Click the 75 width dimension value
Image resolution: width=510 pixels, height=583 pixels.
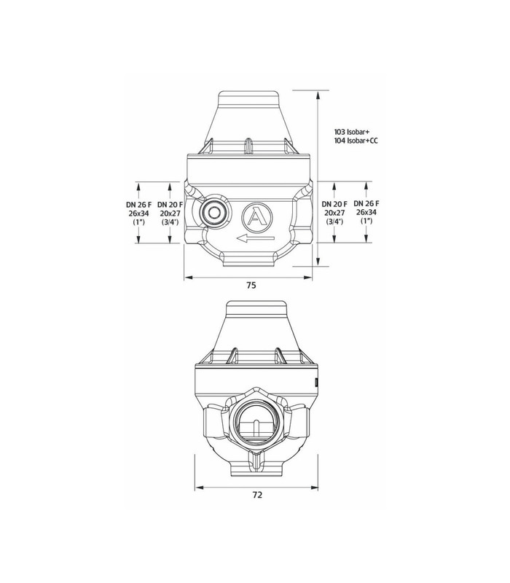(x=251, y=285)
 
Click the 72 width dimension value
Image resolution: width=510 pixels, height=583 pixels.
(x=257, y=495)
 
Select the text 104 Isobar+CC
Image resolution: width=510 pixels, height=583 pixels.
(x=356, y=141)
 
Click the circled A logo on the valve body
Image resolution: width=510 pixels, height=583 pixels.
(x=256, y=216)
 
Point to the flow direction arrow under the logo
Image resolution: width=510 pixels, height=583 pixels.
(x=256, y=239)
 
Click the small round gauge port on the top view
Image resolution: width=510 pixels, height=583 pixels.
(x=213, y=212)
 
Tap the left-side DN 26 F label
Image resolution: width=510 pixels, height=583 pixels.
(x=138, y=204)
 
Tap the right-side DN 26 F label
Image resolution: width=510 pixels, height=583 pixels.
(x=366, y=203)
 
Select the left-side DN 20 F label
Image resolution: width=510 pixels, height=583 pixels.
(x=170, y=205)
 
